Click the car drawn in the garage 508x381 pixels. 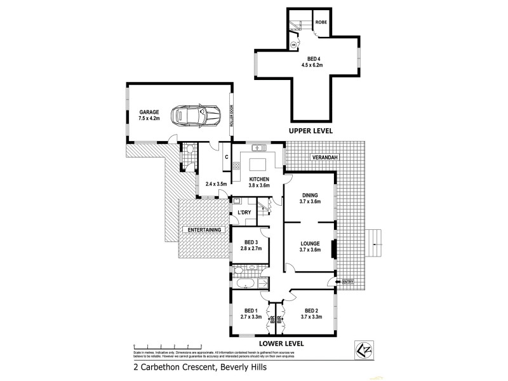click(x=192, y=116)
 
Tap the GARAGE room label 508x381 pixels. click(x=149, y=112)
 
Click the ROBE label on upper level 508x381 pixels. click(x=321, y=19)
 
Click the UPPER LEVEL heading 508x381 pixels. click(x=311, y=130)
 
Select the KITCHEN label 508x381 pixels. click(x=259, y=179)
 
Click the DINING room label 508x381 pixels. click(x=310, y=196)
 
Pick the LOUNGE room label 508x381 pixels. click(x=310, y=243)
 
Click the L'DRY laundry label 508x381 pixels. click(x=244, y=212)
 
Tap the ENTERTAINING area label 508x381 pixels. click(x=203, y=229)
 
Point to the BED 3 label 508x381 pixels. click(x=251, y=242)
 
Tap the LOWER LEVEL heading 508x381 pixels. click(x=281, y=343)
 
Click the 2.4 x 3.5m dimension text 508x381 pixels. click(x=217, y=184)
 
